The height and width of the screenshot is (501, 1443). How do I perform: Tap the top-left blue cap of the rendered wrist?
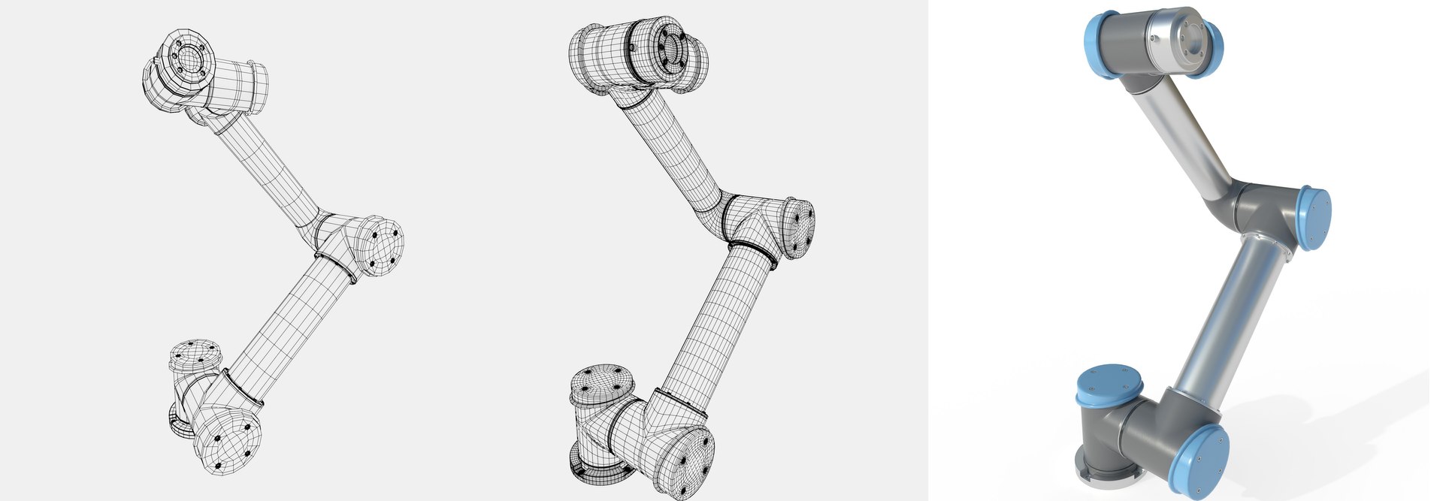(1100, 38)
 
